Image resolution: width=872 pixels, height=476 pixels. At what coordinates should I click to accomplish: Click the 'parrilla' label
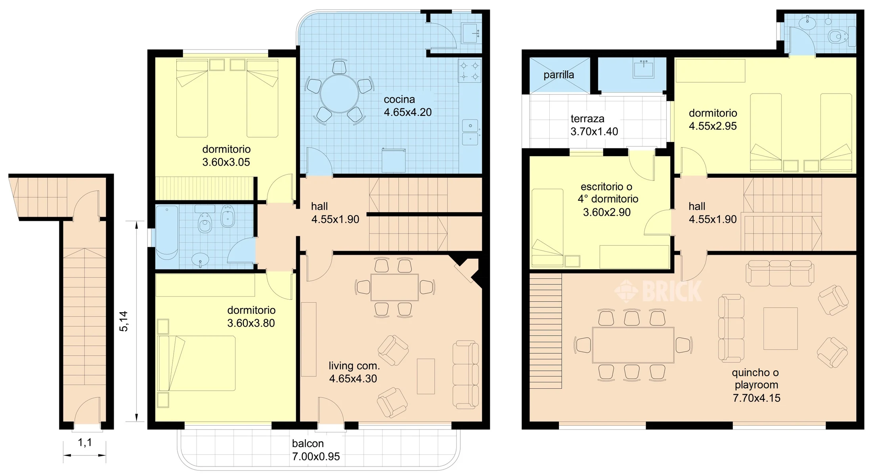tap(558, 75)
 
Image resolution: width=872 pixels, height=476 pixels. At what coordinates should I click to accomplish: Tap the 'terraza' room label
tap(587, 119)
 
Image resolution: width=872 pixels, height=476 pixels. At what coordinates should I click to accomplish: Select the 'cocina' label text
tap(399, 100)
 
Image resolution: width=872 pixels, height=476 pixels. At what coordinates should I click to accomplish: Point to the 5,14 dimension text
tap(124, 321)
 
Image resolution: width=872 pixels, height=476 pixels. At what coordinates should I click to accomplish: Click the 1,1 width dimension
tap(85, 442)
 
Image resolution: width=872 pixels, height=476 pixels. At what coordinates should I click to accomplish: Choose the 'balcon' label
tap(308, 443)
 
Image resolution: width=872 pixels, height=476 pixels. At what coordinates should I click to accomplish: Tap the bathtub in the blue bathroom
tap(166, 233)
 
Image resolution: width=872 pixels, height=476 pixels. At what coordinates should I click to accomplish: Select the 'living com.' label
tap(354, 366)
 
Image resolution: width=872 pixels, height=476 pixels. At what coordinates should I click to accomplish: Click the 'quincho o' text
tap(755, 373)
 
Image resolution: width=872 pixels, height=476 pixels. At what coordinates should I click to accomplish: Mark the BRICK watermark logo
tap(658, 291)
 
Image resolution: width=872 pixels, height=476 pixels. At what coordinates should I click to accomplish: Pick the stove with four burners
tap(470, 71)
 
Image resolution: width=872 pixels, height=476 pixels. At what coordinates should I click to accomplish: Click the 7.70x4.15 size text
tap(756, 398)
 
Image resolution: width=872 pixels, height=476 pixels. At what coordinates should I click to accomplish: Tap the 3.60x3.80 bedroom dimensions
tap(251, 323)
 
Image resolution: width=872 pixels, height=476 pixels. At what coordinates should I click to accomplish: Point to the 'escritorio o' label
tap(606, 186)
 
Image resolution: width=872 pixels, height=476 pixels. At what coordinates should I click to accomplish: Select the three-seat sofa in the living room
tap(466, 374)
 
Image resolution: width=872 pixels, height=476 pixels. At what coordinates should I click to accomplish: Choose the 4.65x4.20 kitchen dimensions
tap(408, 112)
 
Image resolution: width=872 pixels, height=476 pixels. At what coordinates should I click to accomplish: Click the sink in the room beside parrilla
tap(643, 69)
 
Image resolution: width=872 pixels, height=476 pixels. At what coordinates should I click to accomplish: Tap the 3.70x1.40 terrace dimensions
tap(594, 131)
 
